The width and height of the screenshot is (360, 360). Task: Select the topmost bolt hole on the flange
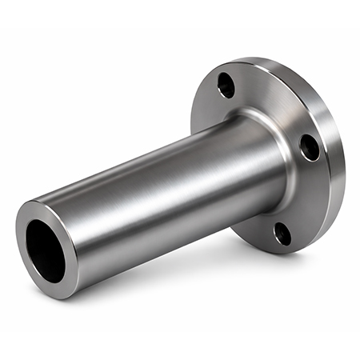tap(227, 85)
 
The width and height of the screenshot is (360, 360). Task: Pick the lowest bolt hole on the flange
tap(282, 234)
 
